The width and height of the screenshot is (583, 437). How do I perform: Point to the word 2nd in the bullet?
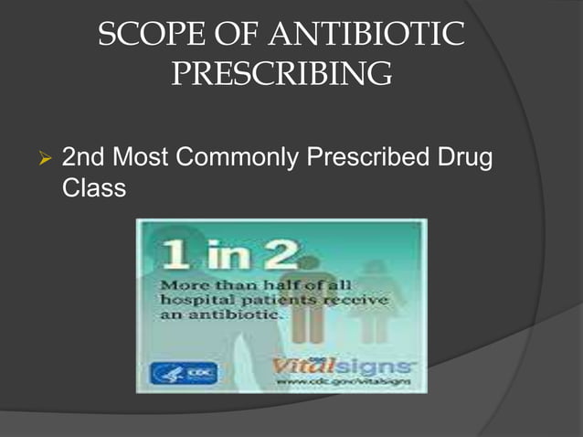coord(82,159)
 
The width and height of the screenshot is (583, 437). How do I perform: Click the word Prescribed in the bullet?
coord(375,159)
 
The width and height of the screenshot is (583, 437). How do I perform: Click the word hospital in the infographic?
coord(195,300)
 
